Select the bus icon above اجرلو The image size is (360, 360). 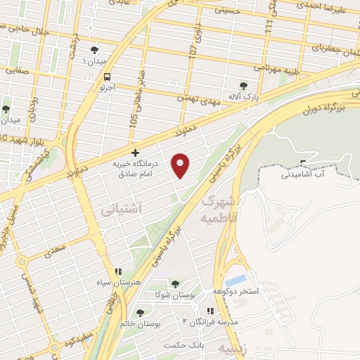(107, 77)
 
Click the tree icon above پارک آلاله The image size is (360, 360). (243, 85)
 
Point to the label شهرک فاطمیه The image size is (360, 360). (220, 208)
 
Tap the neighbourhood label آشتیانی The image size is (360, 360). (122, 209)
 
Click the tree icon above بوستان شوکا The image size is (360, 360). (174, 283)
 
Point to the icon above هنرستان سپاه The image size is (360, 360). (118, 271)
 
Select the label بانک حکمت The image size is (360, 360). (182, 345)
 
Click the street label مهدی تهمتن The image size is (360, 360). (219, 103)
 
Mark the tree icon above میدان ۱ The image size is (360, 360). (94, 49)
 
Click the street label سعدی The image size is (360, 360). (54, 248)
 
